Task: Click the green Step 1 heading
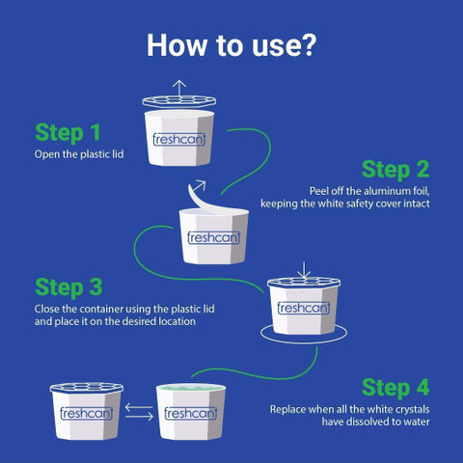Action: click(68, 133)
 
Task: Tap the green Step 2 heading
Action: click(395, 170)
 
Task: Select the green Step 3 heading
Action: click(68, 287)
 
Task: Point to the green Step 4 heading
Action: click(395, 388)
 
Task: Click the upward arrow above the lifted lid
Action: click(179, 88)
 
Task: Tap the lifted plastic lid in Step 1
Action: click(179, 101)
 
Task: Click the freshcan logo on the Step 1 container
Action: click(179, 139)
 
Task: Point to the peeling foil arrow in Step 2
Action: click(197, 193)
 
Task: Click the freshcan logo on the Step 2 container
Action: click(213, 237)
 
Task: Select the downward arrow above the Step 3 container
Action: click(304, 270)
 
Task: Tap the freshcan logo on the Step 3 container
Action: click(304, 308)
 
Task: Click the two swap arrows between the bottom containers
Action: click(139, 412)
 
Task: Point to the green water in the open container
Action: click(191, 388)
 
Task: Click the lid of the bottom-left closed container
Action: click(87, 388)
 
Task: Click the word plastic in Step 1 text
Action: click(95, 154)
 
